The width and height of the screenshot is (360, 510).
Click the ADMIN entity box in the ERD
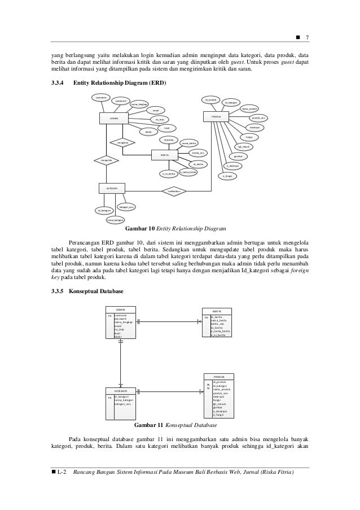[113, 119]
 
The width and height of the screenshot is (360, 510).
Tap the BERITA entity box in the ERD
[165, 154]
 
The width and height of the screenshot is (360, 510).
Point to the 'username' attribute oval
[102, 97]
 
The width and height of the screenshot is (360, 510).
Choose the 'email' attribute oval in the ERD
[156, 110]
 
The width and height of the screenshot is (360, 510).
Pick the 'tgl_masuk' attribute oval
[244, 146]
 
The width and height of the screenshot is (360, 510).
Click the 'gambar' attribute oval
[238, 156]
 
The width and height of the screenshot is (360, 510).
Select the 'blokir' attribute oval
[149, 132]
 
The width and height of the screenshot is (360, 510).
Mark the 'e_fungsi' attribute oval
[227, 176]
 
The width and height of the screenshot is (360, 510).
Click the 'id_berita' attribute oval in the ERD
[168, 140]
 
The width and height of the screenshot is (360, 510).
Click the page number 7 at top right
[306, 38]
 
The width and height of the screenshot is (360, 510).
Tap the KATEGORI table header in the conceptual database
[121, 391]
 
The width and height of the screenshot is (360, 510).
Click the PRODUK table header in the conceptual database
[219, 376]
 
